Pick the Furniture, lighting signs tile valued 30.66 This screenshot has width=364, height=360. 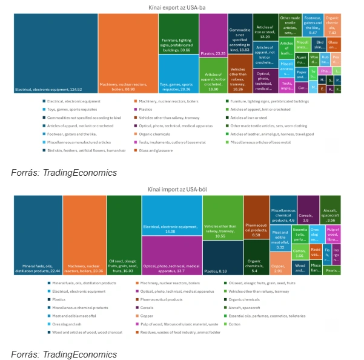coord(179,34)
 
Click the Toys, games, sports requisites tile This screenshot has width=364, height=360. coord(179,73)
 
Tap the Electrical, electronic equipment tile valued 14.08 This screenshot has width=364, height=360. coord(172,216)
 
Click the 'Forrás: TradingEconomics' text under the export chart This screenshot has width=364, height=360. coord(64,173)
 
